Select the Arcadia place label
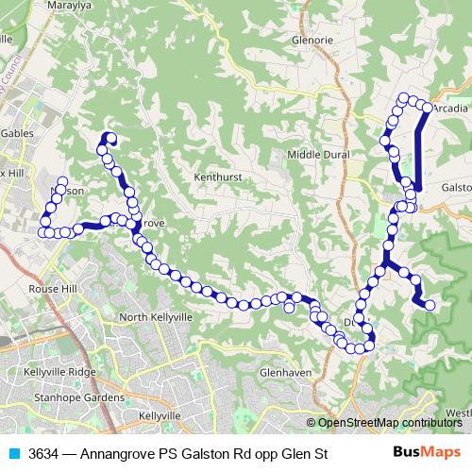(450, 109)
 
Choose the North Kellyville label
(156, 317)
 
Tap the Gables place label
(17, 134)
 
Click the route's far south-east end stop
(430, 305)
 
